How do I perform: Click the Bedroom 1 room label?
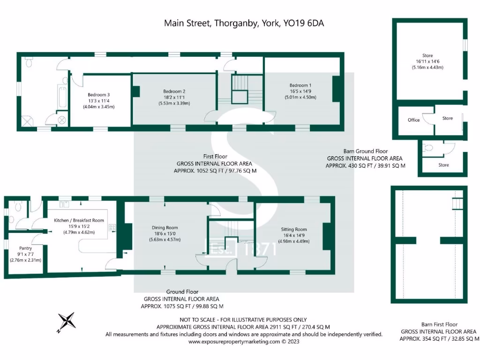pos(300,85)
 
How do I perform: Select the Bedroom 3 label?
pos(98,95)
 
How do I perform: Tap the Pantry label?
pos(25,248)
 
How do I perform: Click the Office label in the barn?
pos(414,120)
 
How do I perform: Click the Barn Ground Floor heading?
pos(365,151)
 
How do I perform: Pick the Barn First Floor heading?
pos(432,324)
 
